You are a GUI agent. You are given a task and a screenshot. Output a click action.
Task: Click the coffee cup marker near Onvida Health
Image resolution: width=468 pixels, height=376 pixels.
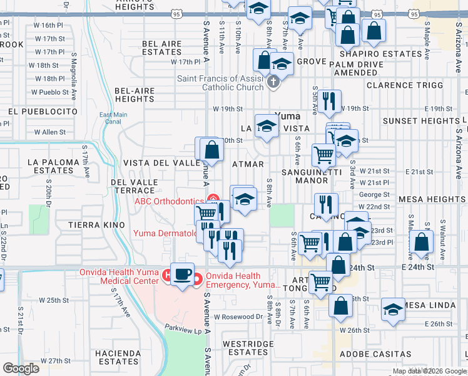183,276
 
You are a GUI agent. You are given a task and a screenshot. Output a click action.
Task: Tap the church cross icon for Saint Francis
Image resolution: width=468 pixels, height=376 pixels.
272,81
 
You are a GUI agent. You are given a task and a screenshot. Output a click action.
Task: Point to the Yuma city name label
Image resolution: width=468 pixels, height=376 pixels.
288,116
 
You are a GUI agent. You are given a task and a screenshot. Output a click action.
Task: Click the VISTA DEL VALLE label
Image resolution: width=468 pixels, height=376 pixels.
161,163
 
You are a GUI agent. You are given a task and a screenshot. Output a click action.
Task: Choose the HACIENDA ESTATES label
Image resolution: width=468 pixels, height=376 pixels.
118,357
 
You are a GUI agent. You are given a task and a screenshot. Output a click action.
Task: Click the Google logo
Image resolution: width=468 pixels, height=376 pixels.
21,368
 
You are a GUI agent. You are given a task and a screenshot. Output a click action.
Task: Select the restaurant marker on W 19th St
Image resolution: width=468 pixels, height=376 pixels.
329,100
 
